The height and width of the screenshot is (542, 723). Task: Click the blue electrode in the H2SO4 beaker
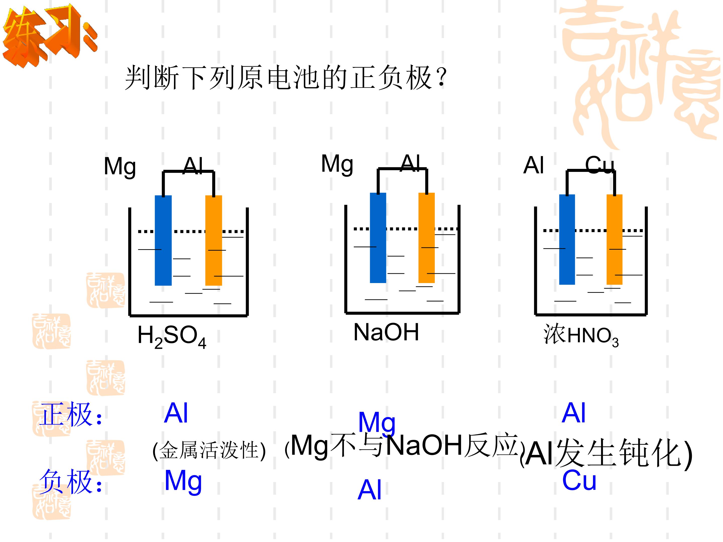coord(163,240)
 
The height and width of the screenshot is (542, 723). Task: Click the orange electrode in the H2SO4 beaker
coord(213,240)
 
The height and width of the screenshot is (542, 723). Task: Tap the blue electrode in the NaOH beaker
coord(378,238)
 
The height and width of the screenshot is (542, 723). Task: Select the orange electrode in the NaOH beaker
coord(427,238)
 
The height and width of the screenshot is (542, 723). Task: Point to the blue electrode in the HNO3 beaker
coord(567,239)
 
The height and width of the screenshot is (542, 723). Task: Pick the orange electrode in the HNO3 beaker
coord(615,239)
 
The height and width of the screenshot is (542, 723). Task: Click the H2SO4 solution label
coord(172,337)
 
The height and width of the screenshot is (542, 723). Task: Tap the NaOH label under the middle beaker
coord(386,332)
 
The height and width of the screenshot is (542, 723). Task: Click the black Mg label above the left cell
coord(120,167)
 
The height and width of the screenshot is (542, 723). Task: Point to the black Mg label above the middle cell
coord(337,164)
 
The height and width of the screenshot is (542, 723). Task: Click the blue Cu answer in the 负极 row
coord(579,480)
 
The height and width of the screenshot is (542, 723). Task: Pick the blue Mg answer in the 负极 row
coord(183,482)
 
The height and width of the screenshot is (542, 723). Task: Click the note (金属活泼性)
coord(209,450)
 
